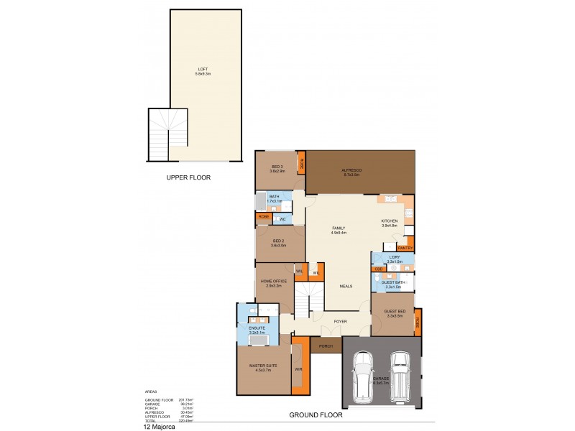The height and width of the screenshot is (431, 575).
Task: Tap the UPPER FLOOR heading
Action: pyautogui.click(x=188, y=177)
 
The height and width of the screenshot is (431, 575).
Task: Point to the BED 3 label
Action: pyautogui.click(x=277, y=169)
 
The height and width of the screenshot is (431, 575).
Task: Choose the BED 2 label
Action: pyautogui.click(x=279, y=242)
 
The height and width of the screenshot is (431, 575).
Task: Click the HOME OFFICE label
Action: pyautogui.click(x=275, y=283)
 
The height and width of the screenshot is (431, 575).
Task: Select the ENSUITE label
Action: pyautogui.click(x=257, y=330)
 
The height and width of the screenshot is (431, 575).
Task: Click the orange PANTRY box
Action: pyautogui.click(x=405, y=248)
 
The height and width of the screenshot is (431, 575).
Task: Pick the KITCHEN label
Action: pyautogui.click(x=390, y=223)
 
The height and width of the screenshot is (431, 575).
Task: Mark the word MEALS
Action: pyautogui.click(x=346, y=286)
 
